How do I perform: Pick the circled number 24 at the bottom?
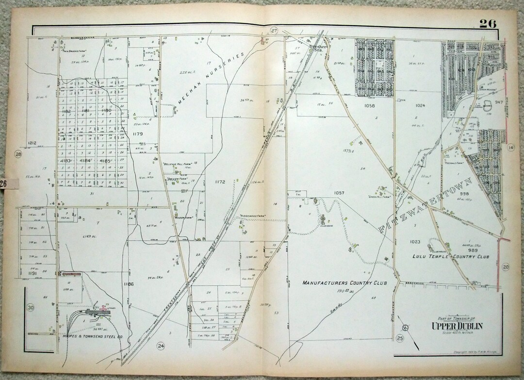(161, 346)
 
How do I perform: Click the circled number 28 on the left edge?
(19, 154)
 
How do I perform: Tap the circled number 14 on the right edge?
(511, 148)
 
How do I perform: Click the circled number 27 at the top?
(274, 31)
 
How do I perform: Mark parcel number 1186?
(128, 284)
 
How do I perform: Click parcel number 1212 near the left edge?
(33, 143)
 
